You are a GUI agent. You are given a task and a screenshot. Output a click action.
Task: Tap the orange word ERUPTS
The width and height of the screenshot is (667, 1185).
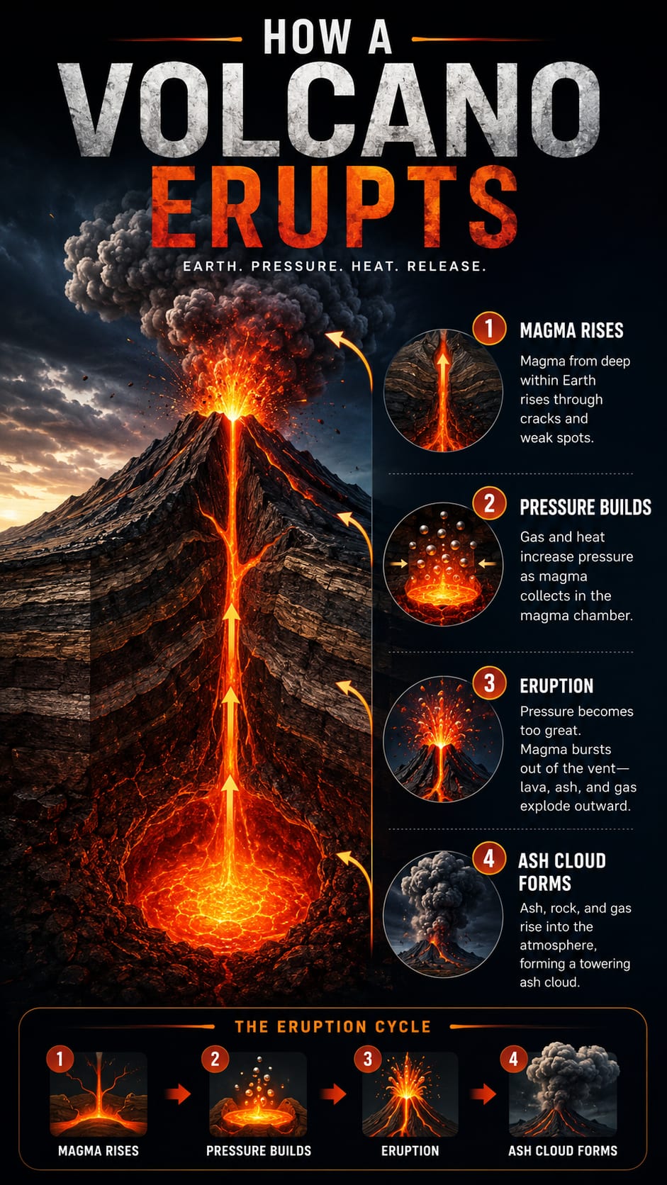[x=333, y=207]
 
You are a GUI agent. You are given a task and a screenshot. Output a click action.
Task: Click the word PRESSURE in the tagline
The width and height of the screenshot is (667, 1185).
[x=293, y=266]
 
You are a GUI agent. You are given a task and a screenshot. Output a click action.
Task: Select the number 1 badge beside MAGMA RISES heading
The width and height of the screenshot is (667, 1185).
[x=489, y=328]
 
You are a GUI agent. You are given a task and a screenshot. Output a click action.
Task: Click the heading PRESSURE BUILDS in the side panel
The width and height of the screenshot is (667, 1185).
[x=585, y=507]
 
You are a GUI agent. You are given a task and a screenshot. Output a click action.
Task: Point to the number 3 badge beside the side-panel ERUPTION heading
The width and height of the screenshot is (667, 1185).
[x=489, y=683]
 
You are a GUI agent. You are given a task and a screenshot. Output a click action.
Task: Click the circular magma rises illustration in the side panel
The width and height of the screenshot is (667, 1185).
[x=443, y=391]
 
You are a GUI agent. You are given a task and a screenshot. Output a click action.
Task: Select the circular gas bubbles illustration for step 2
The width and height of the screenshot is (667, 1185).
[x=443, y=564]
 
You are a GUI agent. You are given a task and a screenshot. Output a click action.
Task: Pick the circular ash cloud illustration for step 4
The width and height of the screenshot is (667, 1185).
[x=443, y=915]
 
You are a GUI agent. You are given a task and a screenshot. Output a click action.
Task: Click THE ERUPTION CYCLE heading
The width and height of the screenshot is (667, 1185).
[x=332, y=1027]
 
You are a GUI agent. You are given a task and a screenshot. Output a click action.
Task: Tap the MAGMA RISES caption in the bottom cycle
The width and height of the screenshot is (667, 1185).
[x=99, y=1150]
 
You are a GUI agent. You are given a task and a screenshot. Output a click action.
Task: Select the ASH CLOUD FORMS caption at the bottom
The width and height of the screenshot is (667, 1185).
[x=563, y=1150]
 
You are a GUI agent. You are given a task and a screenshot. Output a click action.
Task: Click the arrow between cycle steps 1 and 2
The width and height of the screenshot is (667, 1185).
[x=178, y=1094]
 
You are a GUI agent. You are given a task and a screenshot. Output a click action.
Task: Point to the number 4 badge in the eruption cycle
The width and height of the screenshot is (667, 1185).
[x=513, y=1059]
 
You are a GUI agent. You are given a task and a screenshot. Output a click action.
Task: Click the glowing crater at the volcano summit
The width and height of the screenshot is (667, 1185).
[x=232, y=413]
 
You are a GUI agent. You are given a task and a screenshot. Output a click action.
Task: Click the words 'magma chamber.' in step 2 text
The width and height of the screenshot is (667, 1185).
[x=576, y=615]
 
